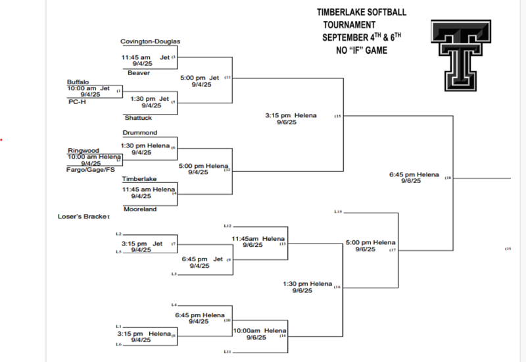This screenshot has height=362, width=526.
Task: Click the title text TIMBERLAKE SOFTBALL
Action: coord(362,13)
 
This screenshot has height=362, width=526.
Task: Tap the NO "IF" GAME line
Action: coord(361,50)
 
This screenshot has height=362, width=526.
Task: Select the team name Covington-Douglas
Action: coord(150,41)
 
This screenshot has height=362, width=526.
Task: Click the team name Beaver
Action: coord(139,73)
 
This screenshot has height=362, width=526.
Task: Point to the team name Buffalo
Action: coord(78,82)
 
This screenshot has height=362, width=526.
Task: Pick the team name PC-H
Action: coord(77,102)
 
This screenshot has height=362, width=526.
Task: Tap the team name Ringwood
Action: coord(84,150)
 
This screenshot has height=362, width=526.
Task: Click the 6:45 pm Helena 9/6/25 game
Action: coord(414,178)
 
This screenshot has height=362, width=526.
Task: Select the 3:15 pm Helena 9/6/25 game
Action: coord(291,118)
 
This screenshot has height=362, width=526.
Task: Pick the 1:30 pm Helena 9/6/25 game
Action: coord(308,287)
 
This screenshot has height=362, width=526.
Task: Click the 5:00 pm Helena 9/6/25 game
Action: coord(370,246)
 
